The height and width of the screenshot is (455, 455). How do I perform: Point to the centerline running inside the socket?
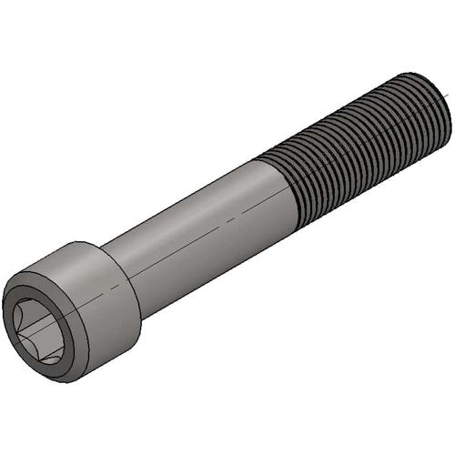coord(45,323)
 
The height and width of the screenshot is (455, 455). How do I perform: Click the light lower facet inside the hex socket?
coord(36,351)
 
